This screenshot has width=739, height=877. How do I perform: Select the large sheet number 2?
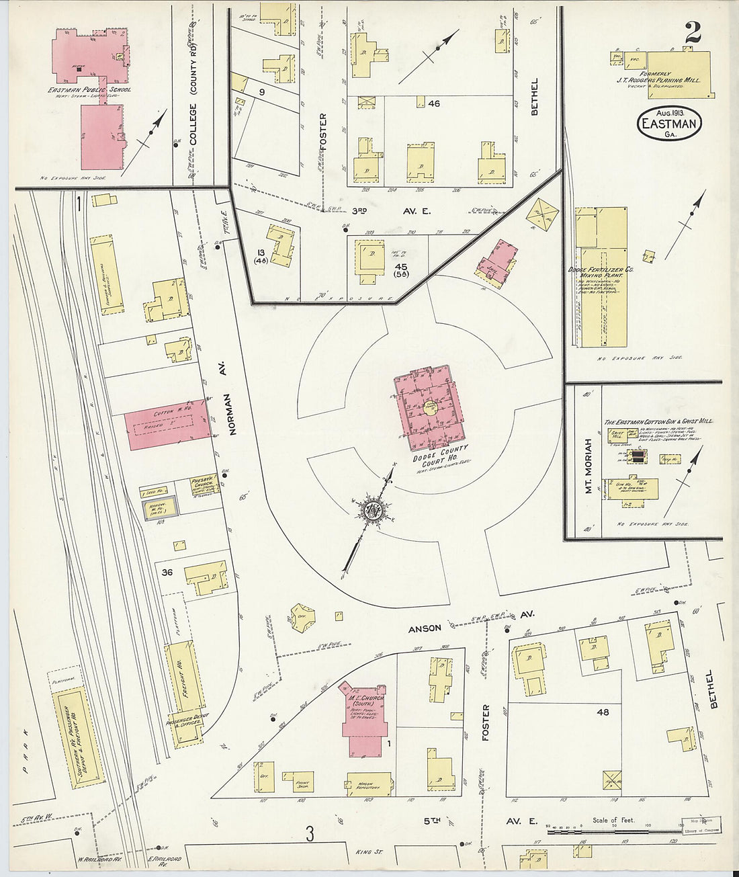tap(693, 32)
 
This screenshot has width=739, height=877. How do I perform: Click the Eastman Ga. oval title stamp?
tap(668, 123)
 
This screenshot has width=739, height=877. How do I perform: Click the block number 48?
tap(603, 711)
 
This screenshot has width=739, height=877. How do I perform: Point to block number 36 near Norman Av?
tap(168, 572)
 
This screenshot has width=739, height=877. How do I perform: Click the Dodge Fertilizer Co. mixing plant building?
tap(601, 276)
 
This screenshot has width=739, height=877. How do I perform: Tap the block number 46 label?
tap(433, 103)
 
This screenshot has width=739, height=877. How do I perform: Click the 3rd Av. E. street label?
tap(382, 211)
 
